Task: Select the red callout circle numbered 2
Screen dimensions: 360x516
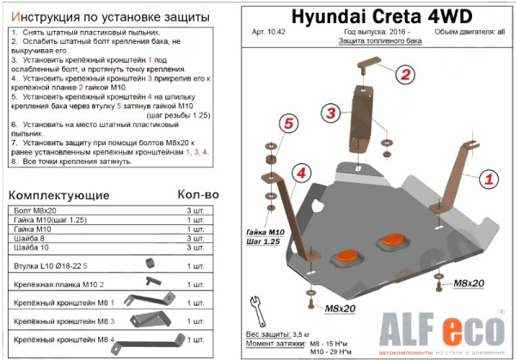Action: click(405, 75)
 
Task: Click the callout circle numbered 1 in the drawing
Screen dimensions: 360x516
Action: click(488, 179)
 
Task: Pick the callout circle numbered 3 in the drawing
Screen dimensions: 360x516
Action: click(329, 113)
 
